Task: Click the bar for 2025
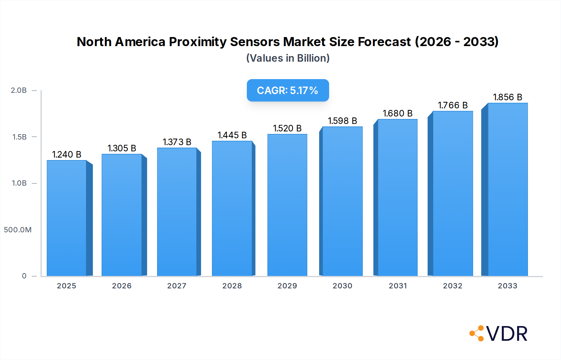pyautogui.click(x=67, y=218)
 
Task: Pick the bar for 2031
pyautogui.click(x=397, y=197)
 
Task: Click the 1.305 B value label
pyautogui.click(x=122, y=148)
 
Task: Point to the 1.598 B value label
pyautogui.click(x=342, y=121)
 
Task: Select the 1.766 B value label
pyautogui.click(x=453, y=105)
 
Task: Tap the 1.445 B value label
pyautogui.click(x=232, y=135)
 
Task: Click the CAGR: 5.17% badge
pyautogui.click(x=288, y=90)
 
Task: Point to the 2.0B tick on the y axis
pyautogui.click(x=19, y=90)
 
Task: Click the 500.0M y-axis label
pyautogui.click(x=18, y=230)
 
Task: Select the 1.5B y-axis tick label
pyautogui.click(x=19, y=137)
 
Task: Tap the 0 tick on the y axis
pyautogui.click(x=24, y=276)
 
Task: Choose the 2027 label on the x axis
pyautogui.click(x=177, y=286)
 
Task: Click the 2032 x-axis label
pyautogui.click(x=453, y=286)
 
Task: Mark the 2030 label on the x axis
pyautogui.click(x=342, y=286)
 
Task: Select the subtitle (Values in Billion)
pyautogui.click(x=288, y=58)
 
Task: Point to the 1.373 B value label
pyautogui.click(x=177, y=142)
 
